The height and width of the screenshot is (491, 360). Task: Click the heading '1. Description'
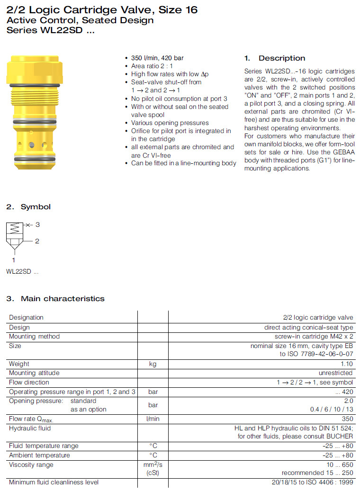[x=275, y=58]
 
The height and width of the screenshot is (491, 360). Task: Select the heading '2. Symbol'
[x=28, y=207]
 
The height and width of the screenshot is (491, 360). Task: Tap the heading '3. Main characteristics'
[x=55, y=299]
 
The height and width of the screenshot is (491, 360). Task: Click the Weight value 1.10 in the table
[x=347, y=364]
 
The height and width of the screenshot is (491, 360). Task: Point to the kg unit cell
[x=153, y=364]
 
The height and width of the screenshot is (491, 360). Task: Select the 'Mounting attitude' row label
[x=34, y=373]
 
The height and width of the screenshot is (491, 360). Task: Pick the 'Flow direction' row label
[x=29, y=382]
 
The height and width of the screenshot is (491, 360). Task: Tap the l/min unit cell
[x=153, y=419]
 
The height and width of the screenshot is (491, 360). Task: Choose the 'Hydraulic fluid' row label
[x=30, y=428]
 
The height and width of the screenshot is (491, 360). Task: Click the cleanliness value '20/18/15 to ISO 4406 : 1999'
[x=312, y=482]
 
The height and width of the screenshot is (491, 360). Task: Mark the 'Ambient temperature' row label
[x=39, y=455]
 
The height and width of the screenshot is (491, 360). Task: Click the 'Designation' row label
[x=26, y=318]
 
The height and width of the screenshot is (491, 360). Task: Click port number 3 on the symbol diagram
[x=38, y=225]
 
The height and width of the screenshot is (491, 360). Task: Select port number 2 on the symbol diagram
[x=37, y=241]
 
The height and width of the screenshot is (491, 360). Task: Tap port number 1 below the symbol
[x=14, y=260]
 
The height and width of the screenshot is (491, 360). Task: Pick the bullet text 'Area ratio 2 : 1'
[x=152, y=66]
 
